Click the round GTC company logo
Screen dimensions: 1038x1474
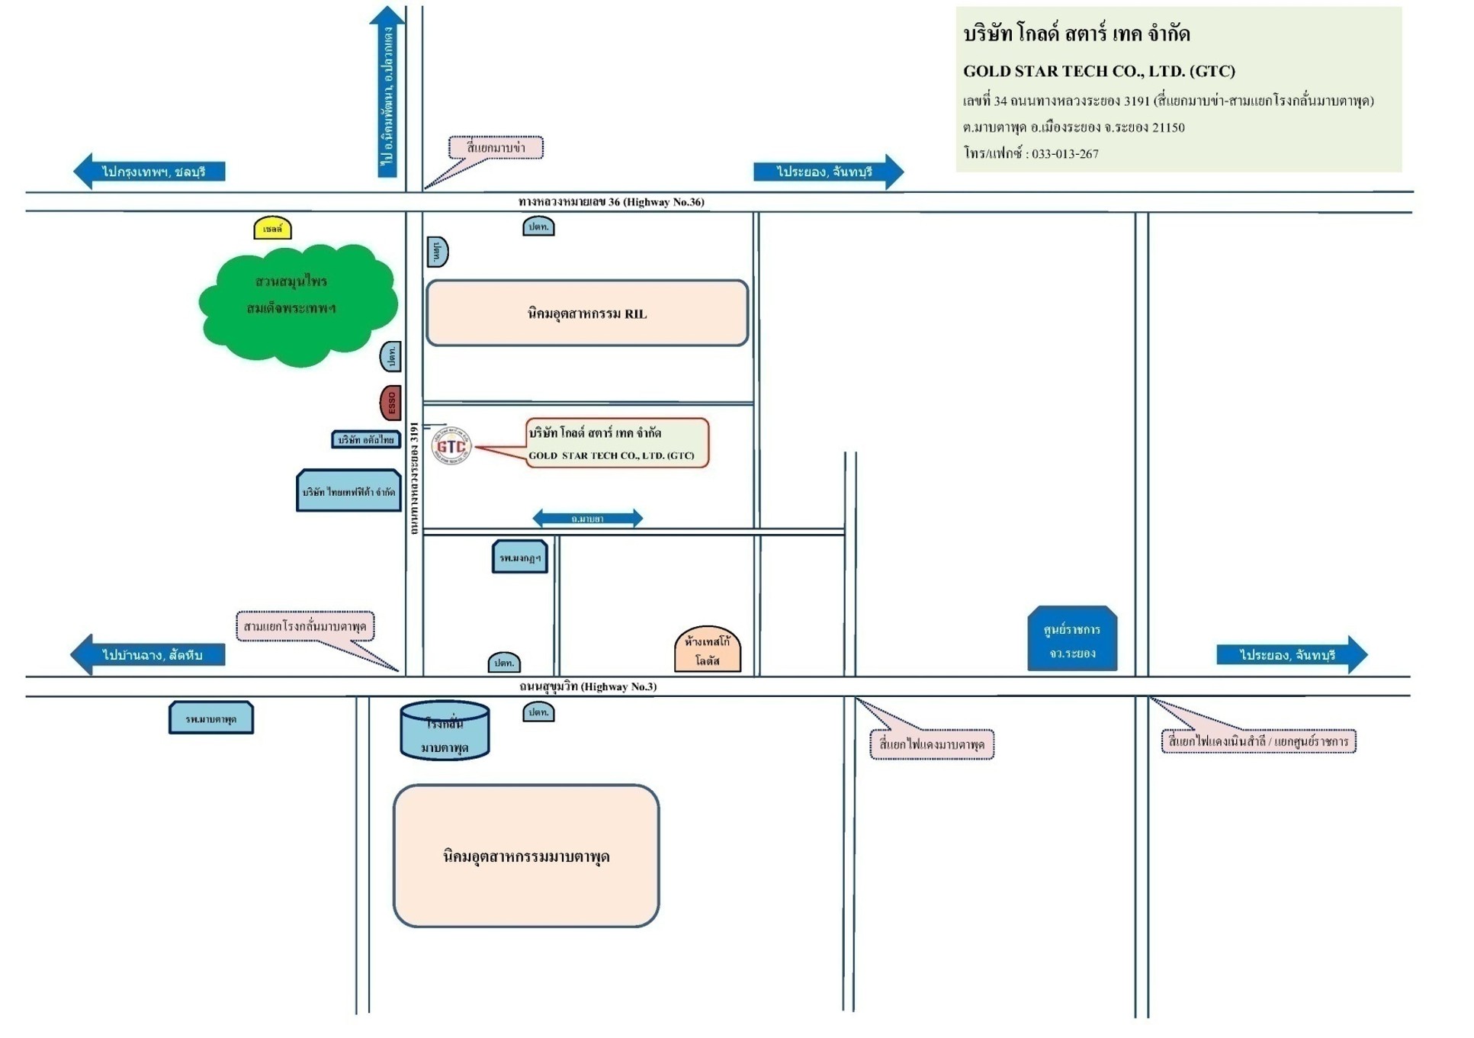[451, 445]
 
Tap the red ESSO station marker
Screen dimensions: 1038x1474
[390, 403]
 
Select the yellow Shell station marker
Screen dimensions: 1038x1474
[272, 228]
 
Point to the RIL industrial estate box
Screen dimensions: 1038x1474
[586, 313]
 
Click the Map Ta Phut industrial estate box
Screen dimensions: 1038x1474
[525, 856]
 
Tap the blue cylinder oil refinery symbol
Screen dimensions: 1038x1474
[445, 731]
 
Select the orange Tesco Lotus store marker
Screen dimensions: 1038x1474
[707, 651]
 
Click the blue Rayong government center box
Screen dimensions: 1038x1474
[1071, 640]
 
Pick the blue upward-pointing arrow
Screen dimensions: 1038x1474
[387, 92]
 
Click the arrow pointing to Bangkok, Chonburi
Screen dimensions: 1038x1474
[149, 171]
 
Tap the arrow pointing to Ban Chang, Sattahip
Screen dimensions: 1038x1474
[148, 654]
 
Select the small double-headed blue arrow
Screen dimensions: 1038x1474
[587, 519]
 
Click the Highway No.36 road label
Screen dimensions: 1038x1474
[611, 202]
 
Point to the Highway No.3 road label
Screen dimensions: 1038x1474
[588, 686]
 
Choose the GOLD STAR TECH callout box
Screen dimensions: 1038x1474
[617, 443]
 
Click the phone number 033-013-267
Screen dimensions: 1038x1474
[1065, 154]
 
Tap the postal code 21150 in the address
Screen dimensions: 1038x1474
[1168, 127]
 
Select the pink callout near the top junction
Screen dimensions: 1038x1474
[496, 147]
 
